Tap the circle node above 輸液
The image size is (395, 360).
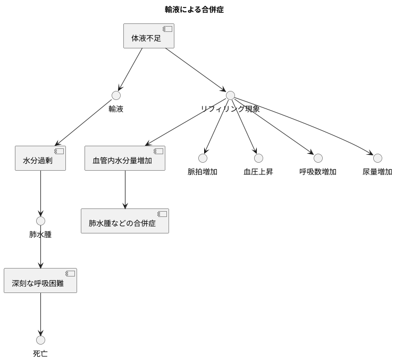[116, 96]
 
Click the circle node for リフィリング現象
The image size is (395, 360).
[230, 96]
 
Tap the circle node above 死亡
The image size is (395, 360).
[40, 340]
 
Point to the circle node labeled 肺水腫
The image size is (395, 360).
[40, 221]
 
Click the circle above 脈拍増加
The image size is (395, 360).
[203, 158]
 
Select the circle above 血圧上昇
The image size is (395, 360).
[258, 158]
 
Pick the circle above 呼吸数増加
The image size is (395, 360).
[318, 158]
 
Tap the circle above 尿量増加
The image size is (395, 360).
[377, 158]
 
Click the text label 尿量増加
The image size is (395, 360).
[377, 172]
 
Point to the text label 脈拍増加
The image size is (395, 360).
[203, 172]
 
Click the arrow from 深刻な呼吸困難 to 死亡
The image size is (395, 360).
[40, 314]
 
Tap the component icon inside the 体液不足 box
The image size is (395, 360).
[167, 29]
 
